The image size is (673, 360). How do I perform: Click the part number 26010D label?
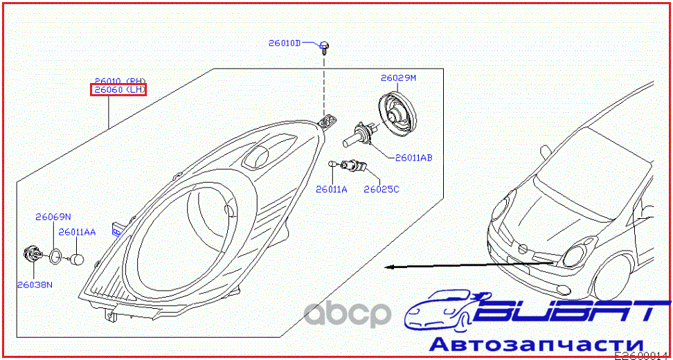tap(285, 43)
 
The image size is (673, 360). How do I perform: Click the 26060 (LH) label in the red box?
tap(118, 90)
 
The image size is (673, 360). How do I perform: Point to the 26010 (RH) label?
tap(120, 81)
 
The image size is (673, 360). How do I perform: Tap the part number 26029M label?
tap(398, 78)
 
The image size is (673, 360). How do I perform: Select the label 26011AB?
tap(413, 158)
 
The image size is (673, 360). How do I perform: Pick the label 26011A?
tap(331, 188)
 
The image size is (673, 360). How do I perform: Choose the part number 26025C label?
tap(382, 188)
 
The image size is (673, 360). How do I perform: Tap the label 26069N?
tap(53, 217)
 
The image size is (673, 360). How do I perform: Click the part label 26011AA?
tap(77, 232)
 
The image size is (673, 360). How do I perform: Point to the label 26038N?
tap(35, 284)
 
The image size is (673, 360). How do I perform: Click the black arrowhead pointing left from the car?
tap(390, 267)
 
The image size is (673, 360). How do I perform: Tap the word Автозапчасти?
tap(537, 344)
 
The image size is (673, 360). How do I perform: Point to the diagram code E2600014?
tap(643, 354)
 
